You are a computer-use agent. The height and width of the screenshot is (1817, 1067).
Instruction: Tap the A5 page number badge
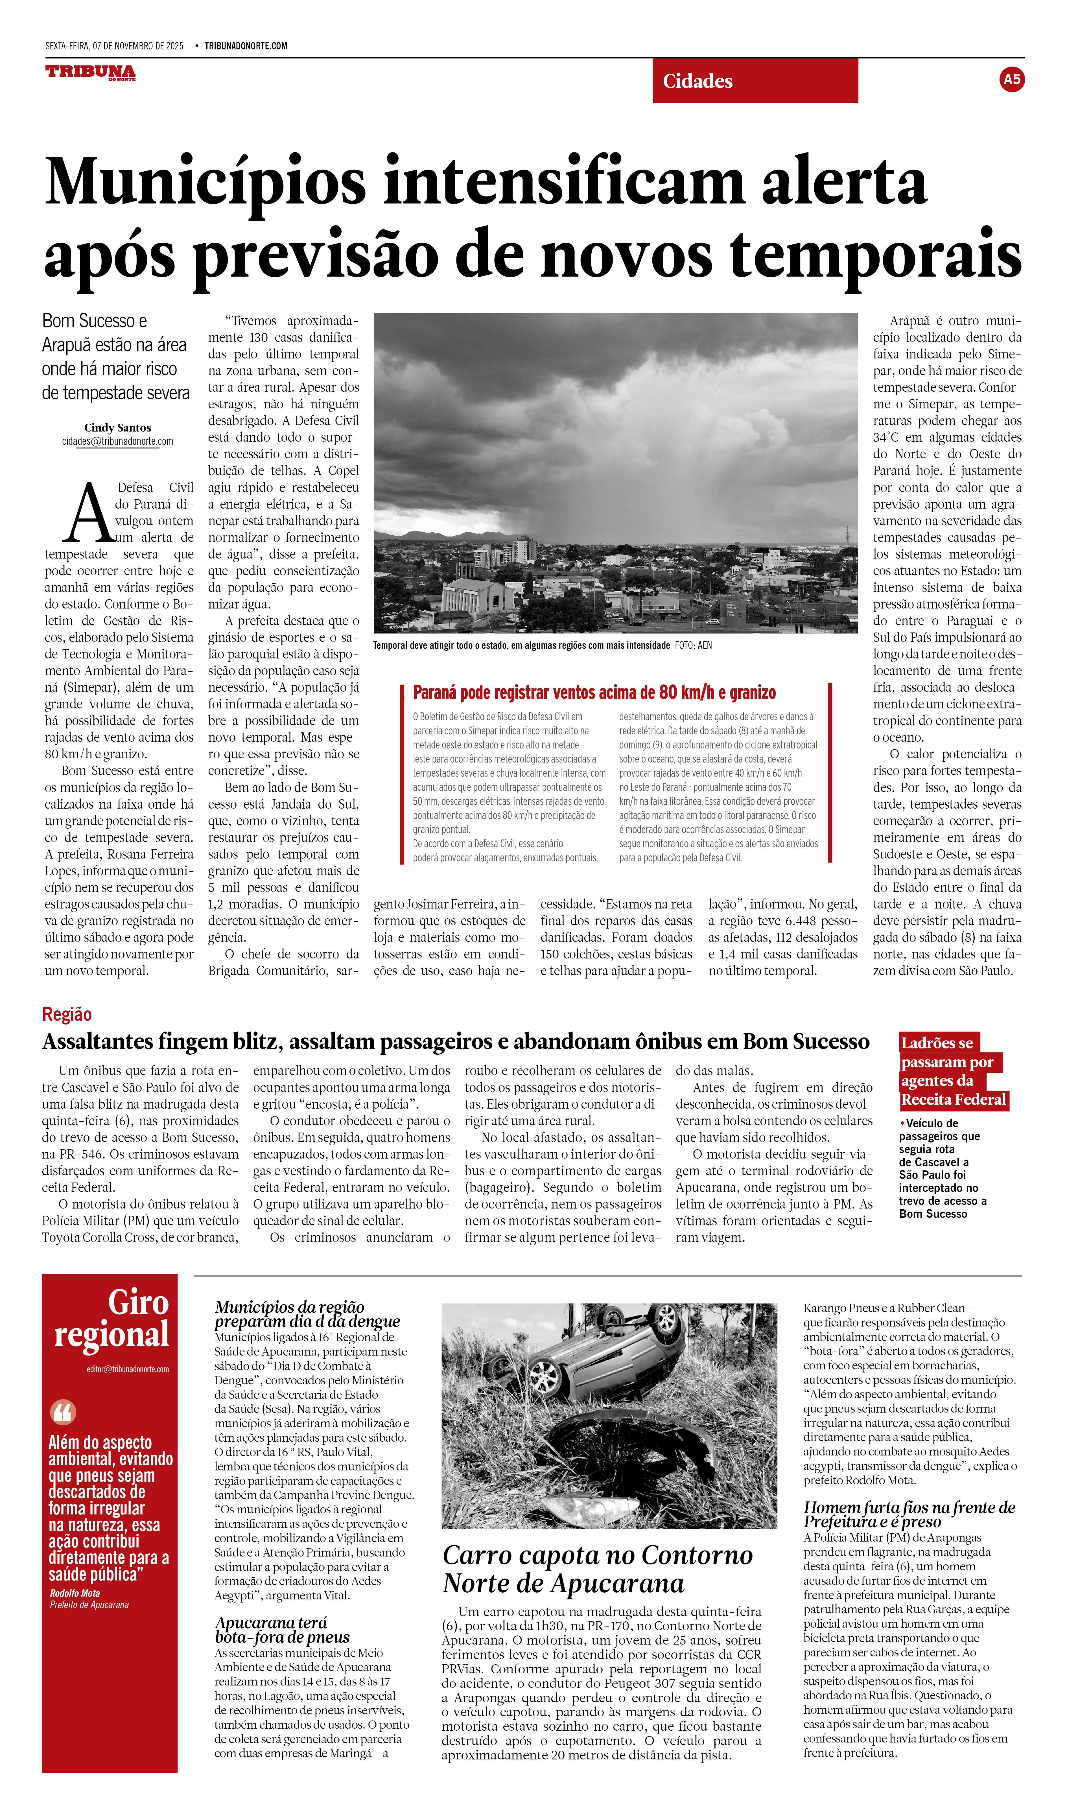tap(1011, 79)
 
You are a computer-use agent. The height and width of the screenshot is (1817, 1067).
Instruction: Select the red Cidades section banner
tap(755, 81)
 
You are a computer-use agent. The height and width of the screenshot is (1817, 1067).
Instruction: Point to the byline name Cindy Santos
tap(117, 428)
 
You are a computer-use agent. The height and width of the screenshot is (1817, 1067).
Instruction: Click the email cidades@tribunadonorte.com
tap(117, 441)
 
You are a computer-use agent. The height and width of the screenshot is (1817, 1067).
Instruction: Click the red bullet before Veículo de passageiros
tap(902, 1123)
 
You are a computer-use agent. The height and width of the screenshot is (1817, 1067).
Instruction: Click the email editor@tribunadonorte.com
tap(128, 1369)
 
